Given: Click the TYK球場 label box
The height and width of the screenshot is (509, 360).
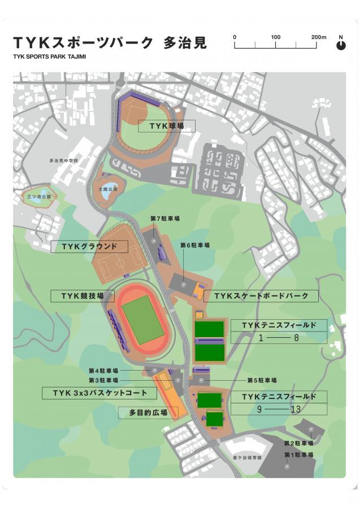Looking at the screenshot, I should (x=166, y=126).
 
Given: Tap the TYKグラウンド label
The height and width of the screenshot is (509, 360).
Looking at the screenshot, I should (x=89, y=247).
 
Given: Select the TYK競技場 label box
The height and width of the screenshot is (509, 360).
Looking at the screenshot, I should (x=81, y=296).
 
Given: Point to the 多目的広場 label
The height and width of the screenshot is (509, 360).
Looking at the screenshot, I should (x=144, y=413).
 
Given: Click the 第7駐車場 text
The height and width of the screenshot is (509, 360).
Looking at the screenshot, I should (x=165, y=218).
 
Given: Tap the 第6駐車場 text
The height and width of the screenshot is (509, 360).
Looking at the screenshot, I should (x=195, y=245).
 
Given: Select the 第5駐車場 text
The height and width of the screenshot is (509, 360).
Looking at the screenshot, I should (x=262, y=380).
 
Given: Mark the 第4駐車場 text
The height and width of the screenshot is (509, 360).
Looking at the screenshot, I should (x=103, y=371).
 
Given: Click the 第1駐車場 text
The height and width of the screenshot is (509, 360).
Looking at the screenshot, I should (x=298, y=455).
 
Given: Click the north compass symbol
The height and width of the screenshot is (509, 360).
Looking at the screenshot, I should (x=341, y=45).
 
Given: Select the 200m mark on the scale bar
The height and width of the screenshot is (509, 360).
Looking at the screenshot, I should (x=318, y=37).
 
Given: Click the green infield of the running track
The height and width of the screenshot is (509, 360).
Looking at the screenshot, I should (x=143, y=319).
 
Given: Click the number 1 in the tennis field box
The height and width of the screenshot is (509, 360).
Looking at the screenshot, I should (x=261, y=338).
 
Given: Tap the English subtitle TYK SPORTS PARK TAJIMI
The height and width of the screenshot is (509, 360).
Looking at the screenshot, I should (x=49, y=56).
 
